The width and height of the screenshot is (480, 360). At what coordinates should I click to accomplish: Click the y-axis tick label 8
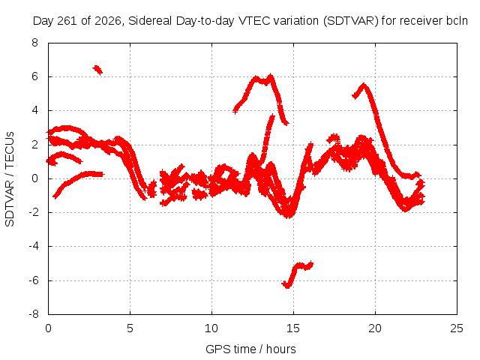tap(34, 42)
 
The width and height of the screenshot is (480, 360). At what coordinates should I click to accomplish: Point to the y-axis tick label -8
tap(33, 313)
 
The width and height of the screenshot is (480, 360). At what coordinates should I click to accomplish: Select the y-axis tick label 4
tap(35, 110)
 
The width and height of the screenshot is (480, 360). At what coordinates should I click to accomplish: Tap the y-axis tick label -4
tap(33, 246)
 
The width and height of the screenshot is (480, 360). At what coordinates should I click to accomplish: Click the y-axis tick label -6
tap(33, 280)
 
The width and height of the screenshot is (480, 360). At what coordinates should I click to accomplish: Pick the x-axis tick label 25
tap(457, 328)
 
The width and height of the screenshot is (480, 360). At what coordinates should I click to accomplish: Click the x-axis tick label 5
tap(130, 328)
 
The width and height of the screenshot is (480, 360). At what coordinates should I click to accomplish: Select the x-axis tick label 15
tap(293, 328)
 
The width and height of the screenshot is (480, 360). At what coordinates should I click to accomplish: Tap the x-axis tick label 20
tap(375, 328)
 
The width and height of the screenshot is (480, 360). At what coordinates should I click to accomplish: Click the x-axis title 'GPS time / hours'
tap(250, 349)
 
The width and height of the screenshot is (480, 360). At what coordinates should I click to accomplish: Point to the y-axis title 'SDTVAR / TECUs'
tap(10, 179)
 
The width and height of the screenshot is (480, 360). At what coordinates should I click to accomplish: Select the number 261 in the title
tap(69, 21)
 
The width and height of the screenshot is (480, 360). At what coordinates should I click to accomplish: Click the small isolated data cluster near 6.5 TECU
tap(97, 70)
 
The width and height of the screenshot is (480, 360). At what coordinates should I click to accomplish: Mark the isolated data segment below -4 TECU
tap(298, 274)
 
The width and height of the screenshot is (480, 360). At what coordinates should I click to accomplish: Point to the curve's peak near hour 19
tap(364, 85)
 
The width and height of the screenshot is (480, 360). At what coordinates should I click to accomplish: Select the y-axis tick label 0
tap(35, 178)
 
